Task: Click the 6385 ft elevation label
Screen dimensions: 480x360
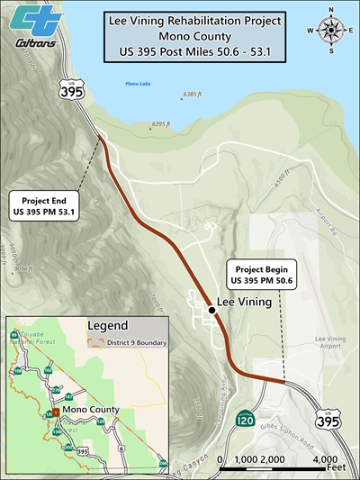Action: tap(196, 95)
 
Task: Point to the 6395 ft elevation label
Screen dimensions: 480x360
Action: tap(162, 124)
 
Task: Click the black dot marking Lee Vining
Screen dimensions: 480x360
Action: tap(211, 310)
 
